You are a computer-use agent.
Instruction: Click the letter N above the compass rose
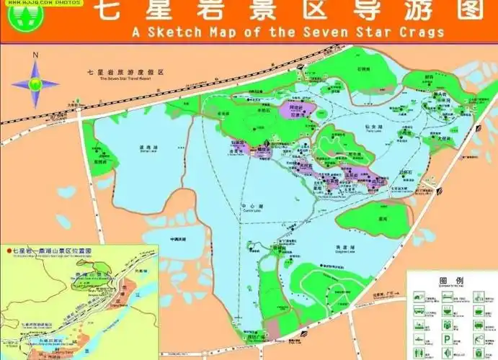coord(35,56)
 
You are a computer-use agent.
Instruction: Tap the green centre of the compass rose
coord(35,83)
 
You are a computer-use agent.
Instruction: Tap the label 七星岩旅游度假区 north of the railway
coord(127,73)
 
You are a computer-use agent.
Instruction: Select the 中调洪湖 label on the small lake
coord(177,238)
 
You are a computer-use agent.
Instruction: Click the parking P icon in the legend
coord(448,338)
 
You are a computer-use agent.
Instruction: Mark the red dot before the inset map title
coord(9,251)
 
